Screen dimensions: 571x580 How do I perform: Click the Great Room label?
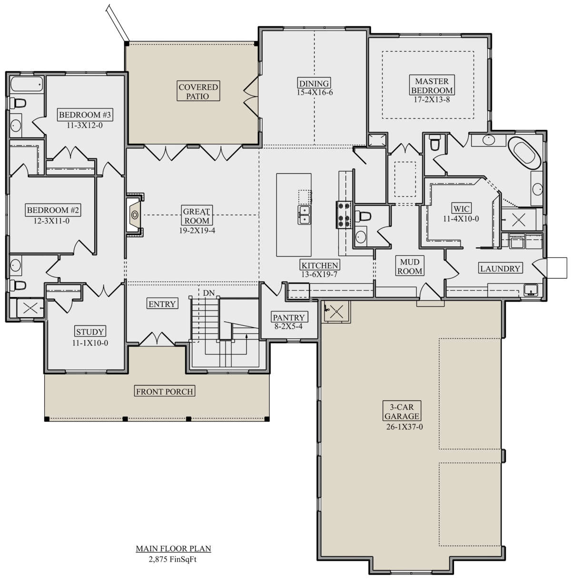197,215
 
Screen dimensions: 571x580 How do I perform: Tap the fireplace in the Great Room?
135,214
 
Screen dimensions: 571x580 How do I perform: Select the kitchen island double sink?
305,214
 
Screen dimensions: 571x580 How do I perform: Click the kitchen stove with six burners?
344,215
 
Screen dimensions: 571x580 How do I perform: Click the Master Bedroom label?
432,86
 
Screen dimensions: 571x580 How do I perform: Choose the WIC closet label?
461,209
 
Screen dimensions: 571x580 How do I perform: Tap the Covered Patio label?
198,91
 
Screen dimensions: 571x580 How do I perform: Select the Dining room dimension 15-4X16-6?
315,92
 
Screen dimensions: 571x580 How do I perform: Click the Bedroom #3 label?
85,115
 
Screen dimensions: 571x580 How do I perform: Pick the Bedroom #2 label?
53,210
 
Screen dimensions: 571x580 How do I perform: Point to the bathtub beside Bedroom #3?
27,84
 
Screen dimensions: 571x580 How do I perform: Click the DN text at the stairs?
209,293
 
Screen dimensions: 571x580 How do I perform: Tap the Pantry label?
289,317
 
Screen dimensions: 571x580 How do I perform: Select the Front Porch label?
164,392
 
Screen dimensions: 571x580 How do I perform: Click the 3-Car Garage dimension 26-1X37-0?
404,427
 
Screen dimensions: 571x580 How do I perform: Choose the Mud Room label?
410,266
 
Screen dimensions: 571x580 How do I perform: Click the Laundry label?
500,269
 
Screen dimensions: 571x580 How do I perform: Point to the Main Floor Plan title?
173,549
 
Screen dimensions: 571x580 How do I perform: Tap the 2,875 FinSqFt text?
172,559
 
